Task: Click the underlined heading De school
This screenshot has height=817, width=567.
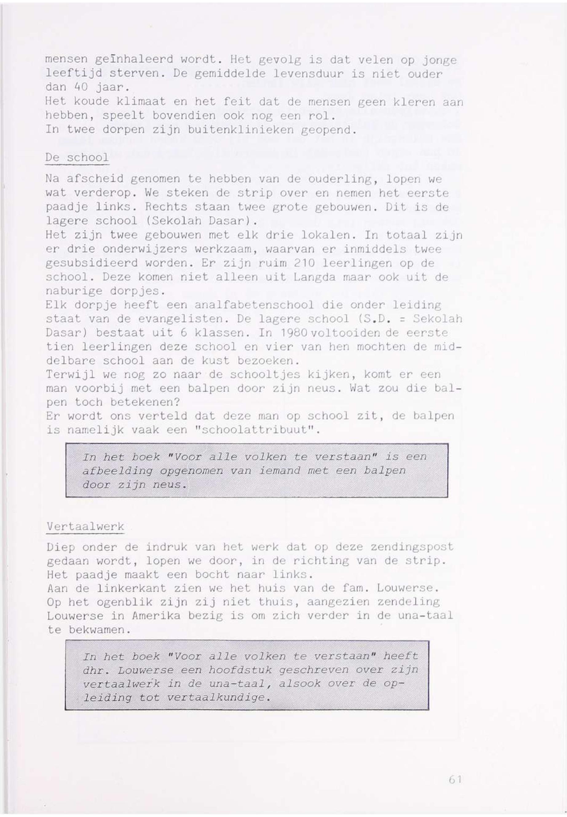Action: (77, 158)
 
